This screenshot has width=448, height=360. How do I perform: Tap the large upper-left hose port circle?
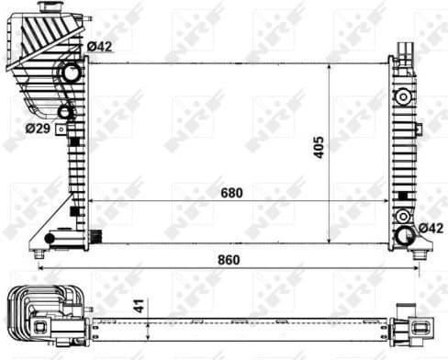tap(71, 74)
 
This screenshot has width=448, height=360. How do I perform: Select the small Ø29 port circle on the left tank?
tap(64, 113)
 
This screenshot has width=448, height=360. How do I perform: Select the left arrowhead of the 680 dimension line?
tap(91, 201)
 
